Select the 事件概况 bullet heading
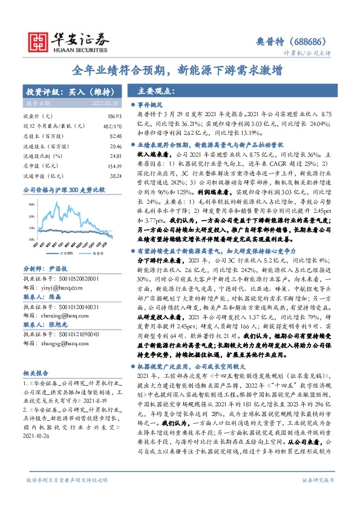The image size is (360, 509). coord(151,104)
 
